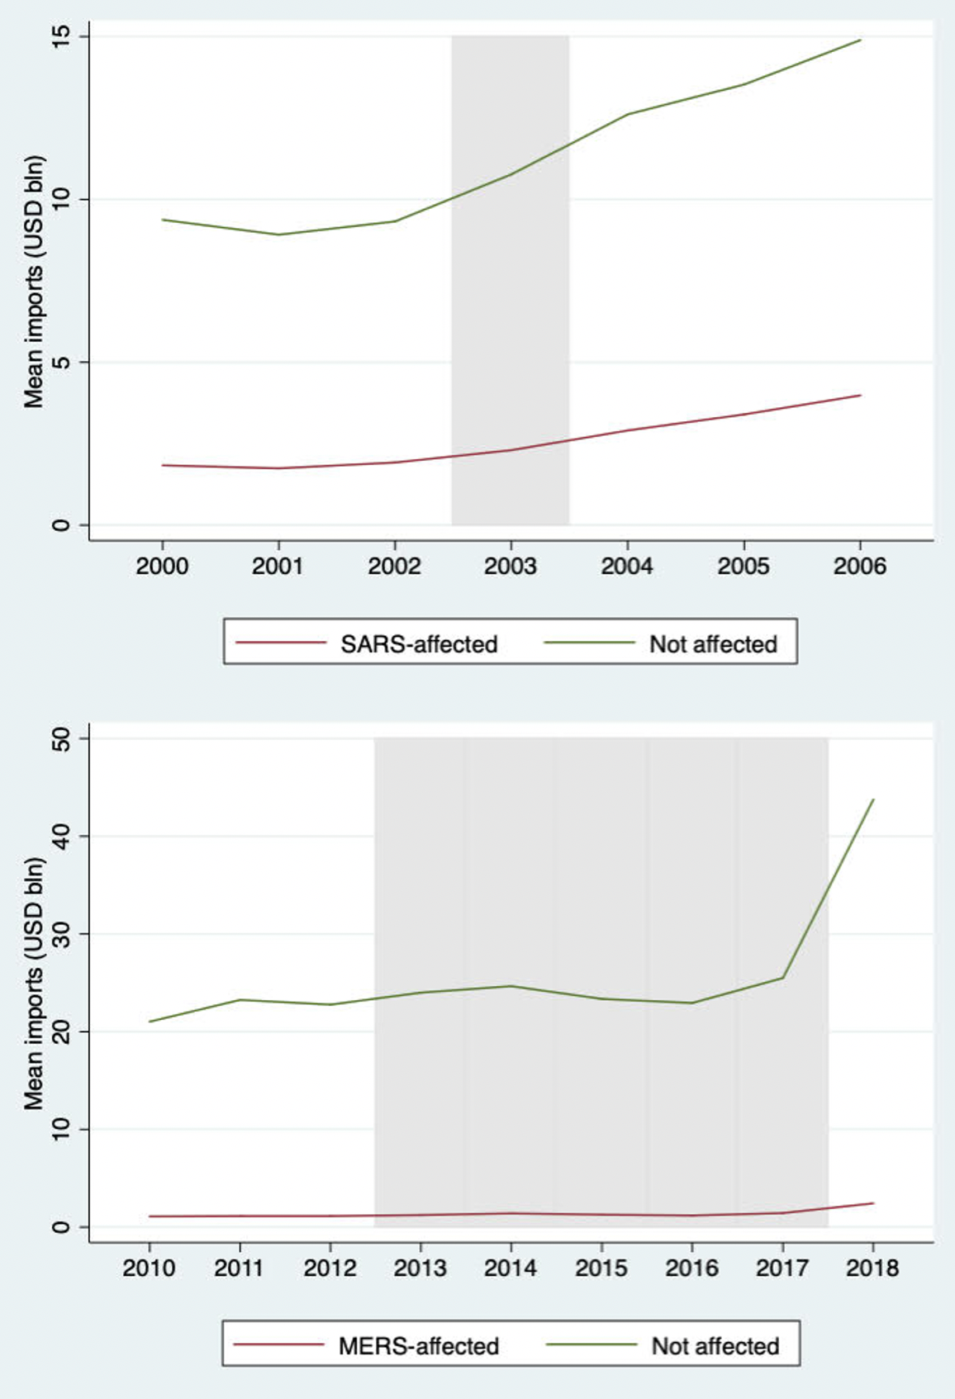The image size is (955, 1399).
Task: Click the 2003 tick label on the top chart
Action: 511,567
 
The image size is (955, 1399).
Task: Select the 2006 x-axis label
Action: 860,567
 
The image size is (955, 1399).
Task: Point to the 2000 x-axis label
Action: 162,567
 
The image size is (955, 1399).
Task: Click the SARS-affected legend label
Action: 419,644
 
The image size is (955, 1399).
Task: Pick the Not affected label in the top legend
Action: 713,644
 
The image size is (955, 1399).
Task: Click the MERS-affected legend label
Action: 419,1346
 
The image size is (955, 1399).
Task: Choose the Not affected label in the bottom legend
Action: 715,1346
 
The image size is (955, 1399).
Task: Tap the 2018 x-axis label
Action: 872,1268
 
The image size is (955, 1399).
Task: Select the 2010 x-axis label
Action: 150,1268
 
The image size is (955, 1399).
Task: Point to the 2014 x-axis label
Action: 511,1268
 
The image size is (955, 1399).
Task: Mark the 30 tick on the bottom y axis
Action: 60,933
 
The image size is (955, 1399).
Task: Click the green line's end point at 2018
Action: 873,799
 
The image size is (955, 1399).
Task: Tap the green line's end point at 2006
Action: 860,40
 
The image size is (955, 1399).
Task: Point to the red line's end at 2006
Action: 860,396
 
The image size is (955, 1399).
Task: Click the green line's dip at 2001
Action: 278,235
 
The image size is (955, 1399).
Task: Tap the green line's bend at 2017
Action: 782,978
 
